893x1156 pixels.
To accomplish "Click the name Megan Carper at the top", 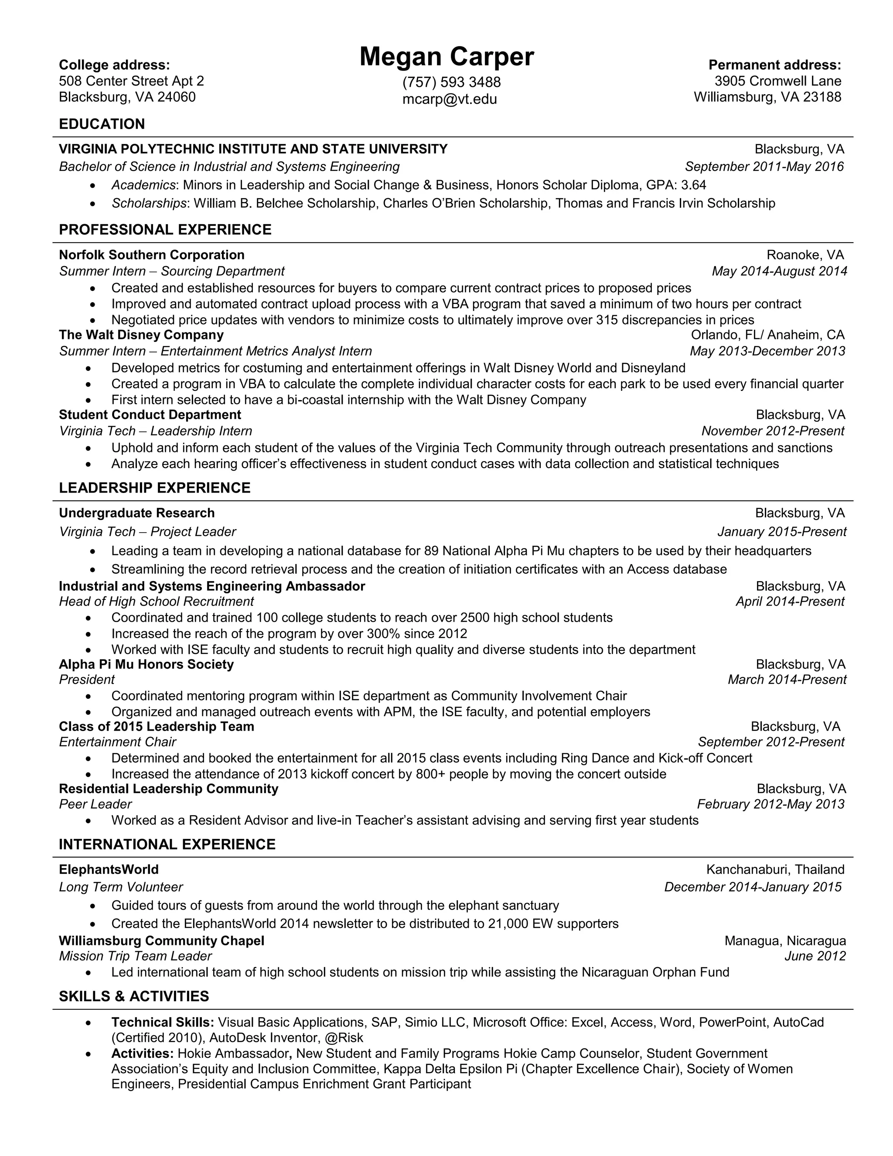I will tap(446, 57).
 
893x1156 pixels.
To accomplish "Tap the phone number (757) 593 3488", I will tap(451, 82).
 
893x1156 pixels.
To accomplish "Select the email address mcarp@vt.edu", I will tap(450, 99).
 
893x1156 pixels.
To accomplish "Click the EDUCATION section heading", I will tap(102, 124).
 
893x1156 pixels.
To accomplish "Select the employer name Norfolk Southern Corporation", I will tap(151, 255).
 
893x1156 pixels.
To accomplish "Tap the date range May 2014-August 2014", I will tap(779, 271).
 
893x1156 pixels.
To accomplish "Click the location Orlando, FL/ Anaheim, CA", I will tap(767, 335).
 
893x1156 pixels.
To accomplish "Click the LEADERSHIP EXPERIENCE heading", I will tap(154, 488).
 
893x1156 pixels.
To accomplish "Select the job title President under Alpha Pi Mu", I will tap(87, 680).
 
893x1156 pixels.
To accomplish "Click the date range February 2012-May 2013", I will tap(770, 804).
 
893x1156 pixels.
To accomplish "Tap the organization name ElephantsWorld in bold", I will tap(109, 870).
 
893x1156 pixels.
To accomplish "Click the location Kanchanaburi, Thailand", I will tap(775, 870).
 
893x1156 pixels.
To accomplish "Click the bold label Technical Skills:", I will tap(162, 1022).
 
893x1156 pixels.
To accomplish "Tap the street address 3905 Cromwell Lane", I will tap(778, 81).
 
